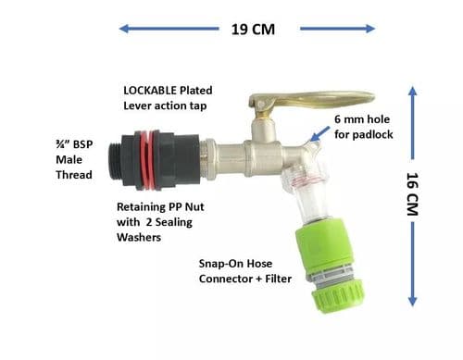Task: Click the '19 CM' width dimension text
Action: (x=252, y=28)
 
